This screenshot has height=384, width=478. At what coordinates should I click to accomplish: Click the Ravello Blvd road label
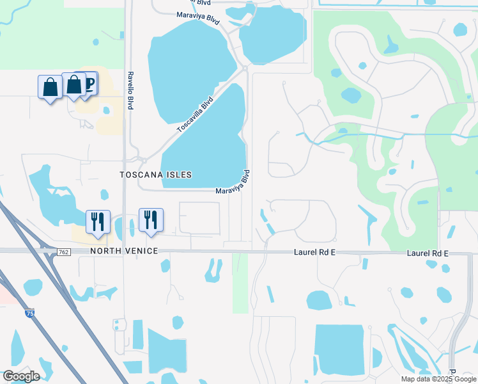point(130,90)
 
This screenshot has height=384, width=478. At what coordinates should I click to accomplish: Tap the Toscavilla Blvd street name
point(194,116)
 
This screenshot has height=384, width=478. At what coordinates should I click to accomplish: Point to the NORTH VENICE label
point(124,251)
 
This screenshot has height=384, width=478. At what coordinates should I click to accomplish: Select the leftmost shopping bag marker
point(50,87)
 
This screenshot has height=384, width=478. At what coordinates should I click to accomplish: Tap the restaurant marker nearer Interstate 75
point(98,221)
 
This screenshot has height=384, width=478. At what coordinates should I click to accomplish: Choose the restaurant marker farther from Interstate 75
point(151,220)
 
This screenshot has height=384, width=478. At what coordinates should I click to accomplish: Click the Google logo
point(21,376)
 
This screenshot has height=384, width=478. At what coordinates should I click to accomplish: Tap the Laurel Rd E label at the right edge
point(428,254)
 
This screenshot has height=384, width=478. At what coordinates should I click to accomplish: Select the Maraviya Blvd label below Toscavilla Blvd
point(232,183)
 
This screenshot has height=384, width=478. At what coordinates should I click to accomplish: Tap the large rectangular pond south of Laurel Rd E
point(339,349)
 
